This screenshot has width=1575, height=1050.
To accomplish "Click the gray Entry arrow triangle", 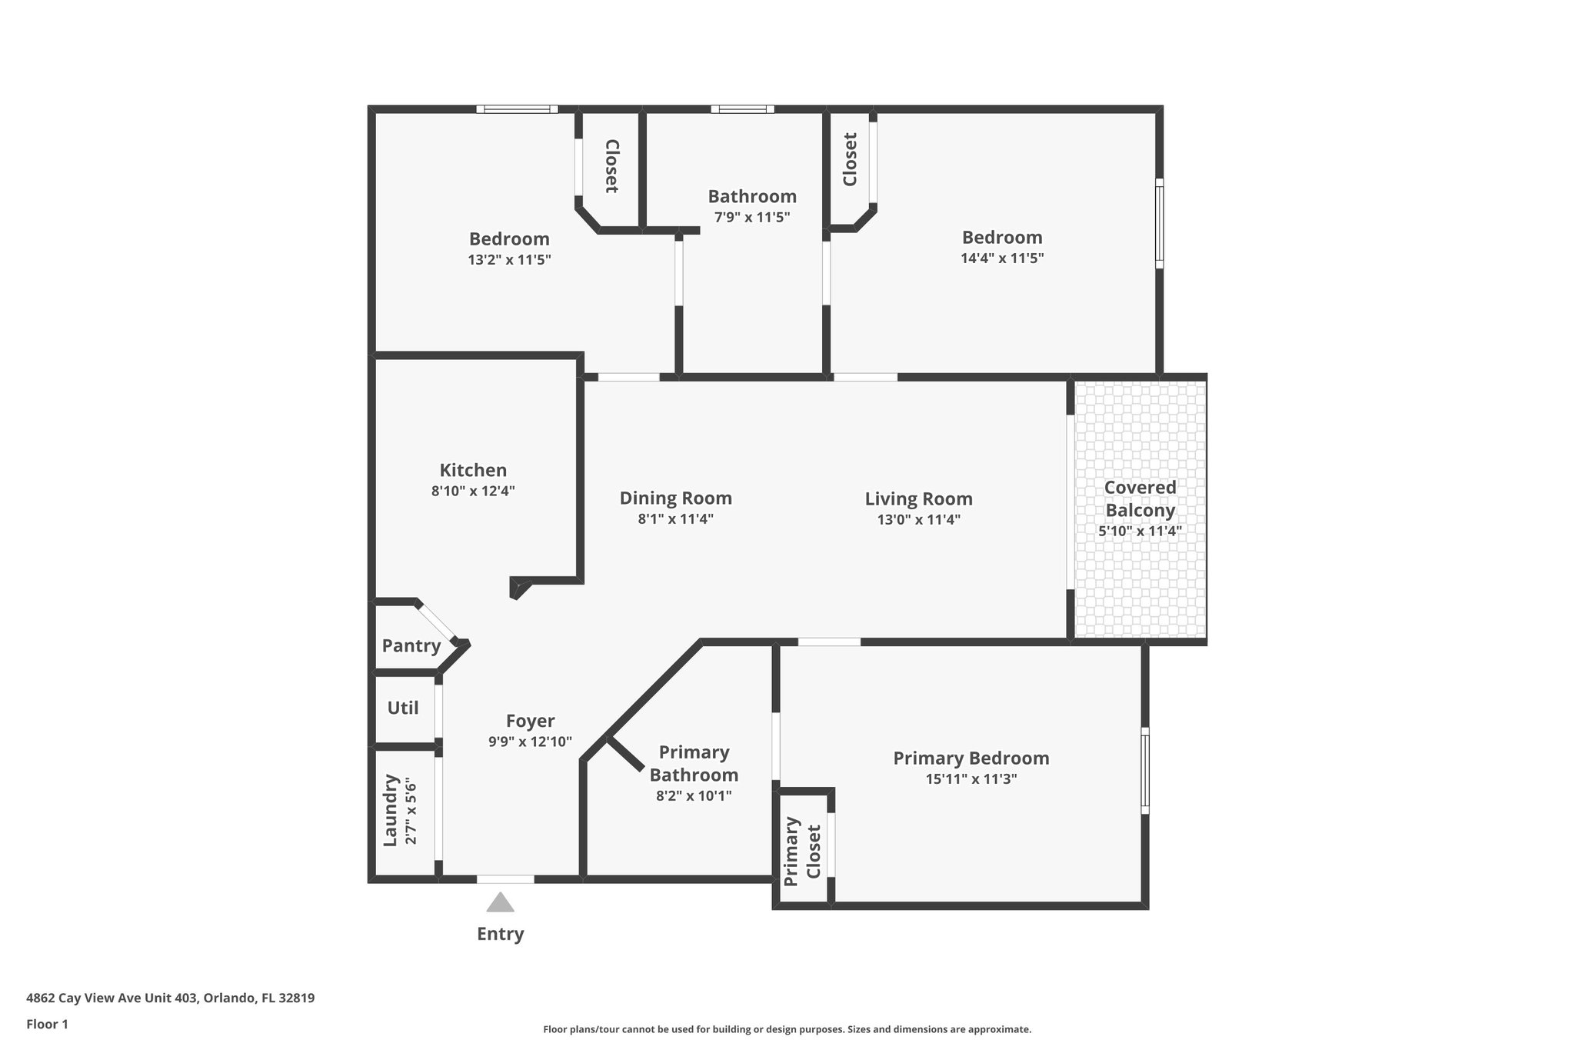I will click(500, 903).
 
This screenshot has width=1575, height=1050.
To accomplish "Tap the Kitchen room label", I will click(473, 470).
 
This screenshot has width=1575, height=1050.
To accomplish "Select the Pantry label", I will click(411, 645).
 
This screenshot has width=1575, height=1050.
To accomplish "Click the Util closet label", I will click(403, 708).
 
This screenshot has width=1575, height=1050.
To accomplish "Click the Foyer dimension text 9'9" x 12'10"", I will click(530, 742).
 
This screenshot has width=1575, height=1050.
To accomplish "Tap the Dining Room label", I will click(675, 498).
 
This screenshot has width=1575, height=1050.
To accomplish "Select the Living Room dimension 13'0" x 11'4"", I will click(918, 520).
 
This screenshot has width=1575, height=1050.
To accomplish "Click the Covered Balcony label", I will click(1140, 498).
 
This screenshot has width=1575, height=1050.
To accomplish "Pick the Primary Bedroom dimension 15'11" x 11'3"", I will click(971, 779).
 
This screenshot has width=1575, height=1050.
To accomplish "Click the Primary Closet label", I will click(803, 852).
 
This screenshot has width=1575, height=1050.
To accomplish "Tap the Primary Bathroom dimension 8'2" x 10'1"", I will click(693, 796).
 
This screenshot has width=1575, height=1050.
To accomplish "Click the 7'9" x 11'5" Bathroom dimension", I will click(751, 218).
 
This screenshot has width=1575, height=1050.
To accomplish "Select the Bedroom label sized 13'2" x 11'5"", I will click(509, 238).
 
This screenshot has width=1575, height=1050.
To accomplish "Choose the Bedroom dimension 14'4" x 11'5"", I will click(1001, 258).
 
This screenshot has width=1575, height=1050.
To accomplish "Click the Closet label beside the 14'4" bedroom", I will click(850, 160).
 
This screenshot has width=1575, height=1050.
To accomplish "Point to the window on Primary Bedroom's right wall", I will click(1144, 770).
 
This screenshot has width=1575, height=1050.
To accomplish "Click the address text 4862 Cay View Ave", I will click(170, 998).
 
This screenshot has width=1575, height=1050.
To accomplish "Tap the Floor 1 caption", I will click(48, 1025).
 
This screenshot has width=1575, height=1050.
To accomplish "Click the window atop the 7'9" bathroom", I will click(742, 109).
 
